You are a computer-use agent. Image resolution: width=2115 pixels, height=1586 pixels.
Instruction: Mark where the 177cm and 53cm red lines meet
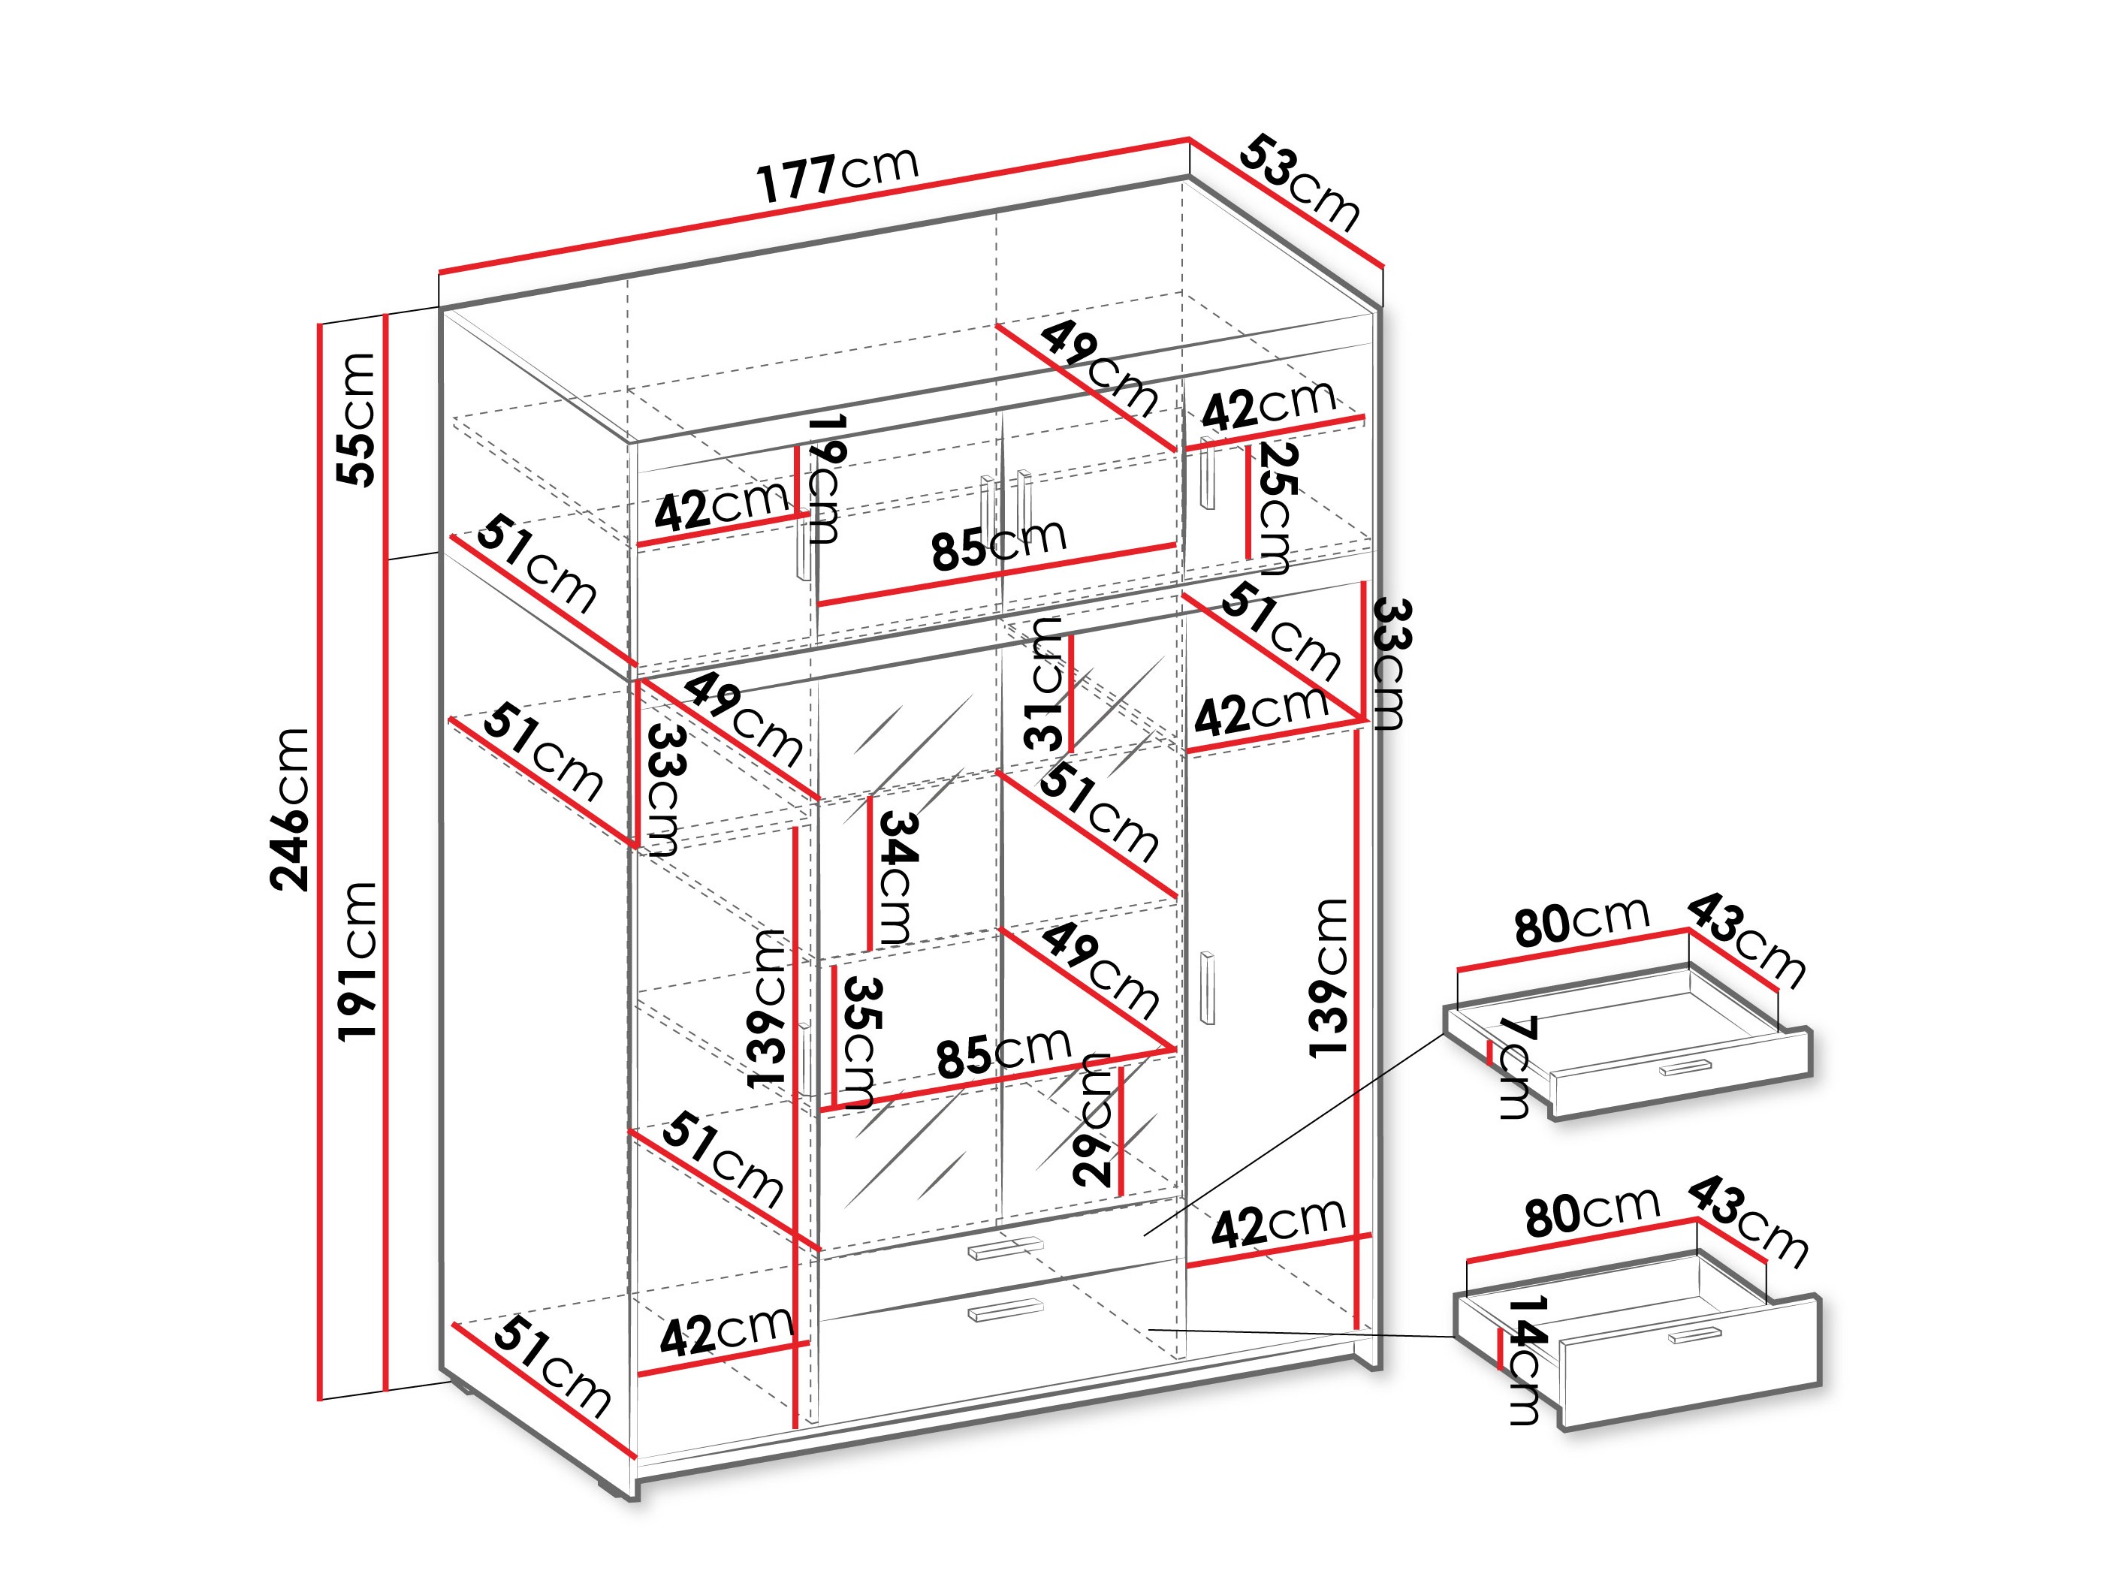pos(1190,140)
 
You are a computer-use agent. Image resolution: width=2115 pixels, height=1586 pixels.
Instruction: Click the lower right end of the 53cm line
pos(1383,263)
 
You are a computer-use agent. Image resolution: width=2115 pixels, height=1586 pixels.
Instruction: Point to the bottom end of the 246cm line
pos(320,1398)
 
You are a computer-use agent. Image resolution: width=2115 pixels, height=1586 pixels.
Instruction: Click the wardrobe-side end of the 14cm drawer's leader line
pos(1148,1330)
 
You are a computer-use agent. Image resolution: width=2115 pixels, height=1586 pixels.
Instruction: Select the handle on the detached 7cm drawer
pos(1685,1067)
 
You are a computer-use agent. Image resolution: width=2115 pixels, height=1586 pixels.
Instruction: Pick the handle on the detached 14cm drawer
pos(1694,1334)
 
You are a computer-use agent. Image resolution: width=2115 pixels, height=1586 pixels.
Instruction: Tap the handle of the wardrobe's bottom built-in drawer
pos(1005,1310)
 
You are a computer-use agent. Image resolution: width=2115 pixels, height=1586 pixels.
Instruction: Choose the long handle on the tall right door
pos(1207,987)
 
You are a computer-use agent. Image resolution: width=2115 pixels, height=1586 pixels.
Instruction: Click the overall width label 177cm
pos(838,174)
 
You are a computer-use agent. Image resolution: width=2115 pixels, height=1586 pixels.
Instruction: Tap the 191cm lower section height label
pos(357,960)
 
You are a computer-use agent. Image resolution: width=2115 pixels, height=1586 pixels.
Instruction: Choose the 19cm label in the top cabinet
pos(824,478)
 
